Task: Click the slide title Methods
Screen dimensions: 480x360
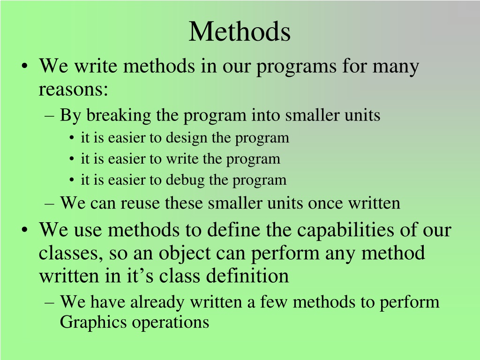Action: coord(240,31)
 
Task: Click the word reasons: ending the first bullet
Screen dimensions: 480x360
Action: coord(74,90)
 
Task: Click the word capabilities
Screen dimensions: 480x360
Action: coord(345,230)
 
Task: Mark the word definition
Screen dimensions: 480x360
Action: coord(247,276)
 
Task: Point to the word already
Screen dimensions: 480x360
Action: coord(157,303)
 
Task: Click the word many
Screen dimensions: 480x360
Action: coord(396,67)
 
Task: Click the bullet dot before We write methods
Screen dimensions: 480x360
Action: coord(25,67)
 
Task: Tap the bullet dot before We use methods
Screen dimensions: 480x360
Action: coord(25,230)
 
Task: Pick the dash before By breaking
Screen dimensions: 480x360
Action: coord(49,117)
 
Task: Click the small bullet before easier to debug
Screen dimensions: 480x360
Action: coord(72,180)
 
